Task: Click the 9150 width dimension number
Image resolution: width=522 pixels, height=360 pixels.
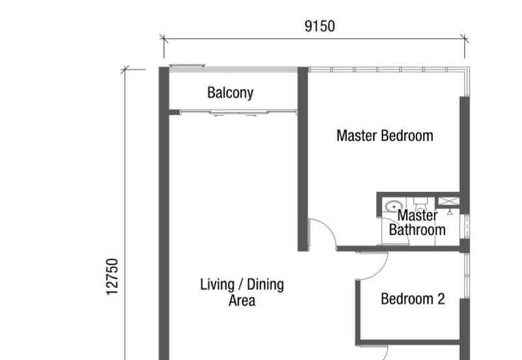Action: point(320,26)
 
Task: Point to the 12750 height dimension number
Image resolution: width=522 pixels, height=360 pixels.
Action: point(112,277)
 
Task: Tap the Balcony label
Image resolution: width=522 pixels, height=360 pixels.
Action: point(230,93)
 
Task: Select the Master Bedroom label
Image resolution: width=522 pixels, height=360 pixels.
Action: point(385,136)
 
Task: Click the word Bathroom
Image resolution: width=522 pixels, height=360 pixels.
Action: point(417,230)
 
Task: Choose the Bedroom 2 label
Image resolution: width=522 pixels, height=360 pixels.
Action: point(413,299)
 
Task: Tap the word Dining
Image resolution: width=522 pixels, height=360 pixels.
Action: point(266,285)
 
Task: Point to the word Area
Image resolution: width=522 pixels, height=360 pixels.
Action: point(242,301)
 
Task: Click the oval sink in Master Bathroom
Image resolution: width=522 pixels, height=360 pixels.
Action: point(393,206)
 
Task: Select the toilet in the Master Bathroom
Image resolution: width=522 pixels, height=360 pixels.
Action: point(420,203)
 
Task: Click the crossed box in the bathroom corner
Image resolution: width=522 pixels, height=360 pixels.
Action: point(448,201)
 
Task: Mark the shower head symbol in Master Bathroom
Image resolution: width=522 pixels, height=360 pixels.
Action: point(450,212)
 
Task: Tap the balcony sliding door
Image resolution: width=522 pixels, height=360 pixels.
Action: point(238,112)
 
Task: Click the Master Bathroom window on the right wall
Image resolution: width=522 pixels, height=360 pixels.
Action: point(467,226)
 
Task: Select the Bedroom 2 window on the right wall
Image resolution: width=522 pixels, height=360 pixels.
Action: point(467,275)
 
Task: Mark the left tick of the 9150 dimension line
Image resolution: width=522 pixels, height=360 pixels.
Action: point(164,38)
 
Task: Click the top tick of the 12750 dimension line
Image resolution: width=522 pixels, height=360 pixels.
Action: point(125,70)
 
